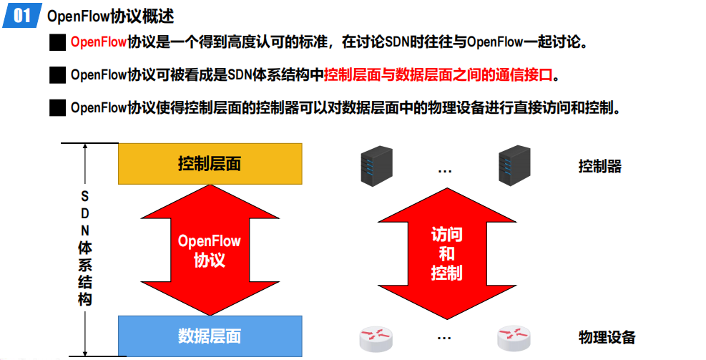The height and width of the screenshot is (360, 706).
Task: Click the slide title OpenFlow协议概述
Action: coord(110,16)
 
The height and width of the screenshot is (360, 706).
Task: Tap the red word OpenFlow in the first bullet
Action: coord(99,42)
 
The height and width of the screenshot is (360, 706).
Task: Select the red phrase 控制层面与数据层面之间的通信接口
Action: coord(439,74)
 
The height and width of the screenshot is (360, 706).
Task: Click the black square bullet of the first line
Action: coord(57,42)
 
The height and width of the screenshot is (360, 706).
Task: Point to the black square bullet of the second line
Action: coord(57,74)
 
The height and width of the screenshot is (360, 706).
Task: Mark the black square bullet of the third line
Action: coord(57,108)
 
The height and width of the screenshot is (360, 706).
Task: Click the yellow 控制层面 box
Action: coord(210,163)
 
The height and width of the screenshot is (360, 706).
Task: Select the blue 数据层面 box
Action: coord(210,336)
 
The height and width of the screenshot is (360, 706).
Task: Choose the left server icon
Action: coord(372,165)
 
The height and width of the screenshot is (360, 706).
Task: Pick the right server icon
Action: coord(513,165)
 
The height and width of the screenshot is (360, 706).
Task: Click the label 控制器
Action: coord(600,167)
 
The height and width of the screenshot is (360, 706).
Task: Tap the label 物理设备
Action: coord(607,337)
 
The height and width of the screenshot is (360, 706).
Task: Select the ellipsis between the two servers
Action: coord(444,170)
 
